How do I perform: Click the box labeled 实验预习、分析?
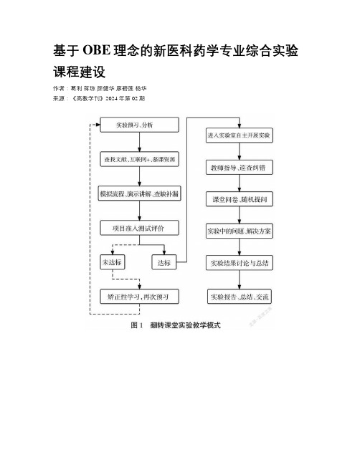tap(140, 125)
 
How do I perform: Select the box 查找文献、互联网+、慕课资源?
tap(140, 159)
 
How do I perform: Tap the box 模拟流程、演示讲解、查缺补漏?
tap(140, 193)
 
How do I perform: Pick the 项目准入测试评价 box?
tap(140, 228)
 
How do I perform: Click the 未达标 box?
tap(112, 262)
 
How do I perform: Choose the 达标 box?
tap(164, 262)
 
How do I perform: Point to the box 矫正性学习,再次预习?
tap(140, 297)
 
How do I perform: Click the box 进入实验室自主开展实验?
tap(240, 135)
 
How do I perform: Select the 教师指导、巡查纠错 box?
tap(240, 168)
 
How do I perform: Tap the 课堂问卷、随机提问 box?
tap(240, 199)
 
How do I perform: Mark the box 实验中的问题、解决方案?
tap(240, 231)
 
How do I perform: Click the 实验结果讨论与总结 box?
tap(240, 263)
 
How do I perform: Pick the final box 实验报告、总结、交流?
tap(240, 297)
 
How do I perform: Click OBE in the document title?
tap(97, 51)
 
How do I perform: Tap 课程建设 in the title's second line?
tap(79, 72)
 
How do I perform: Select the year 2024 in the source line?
tap(112, 98)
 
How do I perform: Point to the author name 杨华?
tap(141, 88)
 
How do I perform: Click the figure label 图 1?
tap(137, 325)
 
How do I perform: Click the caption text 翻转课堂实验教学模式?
tap(185, 325)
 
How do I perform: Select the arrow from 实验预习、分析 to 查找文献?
tap(140, 142)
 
